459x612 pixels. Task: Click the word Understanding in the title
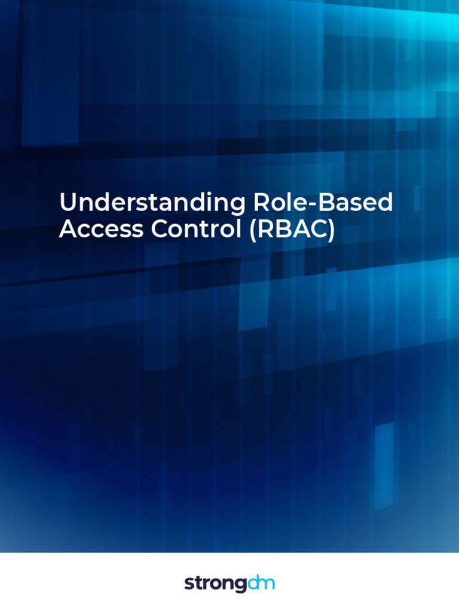click(x=152, y=203)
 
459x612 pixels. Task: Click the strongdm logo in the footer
click(x=229, y=583)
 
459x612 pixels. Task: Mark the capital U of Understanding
click(x=66, y=203)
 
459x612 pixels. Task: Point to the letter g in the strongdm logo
click(x=241, y=585)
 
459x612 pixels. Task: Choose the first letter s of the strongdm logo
click(x=188, y=584)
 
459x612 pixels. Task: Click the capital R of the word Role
click(x=262, y=203)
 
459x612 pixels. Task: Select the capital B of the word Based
click(x=326, y=203)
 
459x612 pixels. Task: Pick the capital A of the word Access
click(x=68, y=229)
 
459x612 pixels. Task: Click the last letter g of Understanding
click(x=238, y=206)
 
